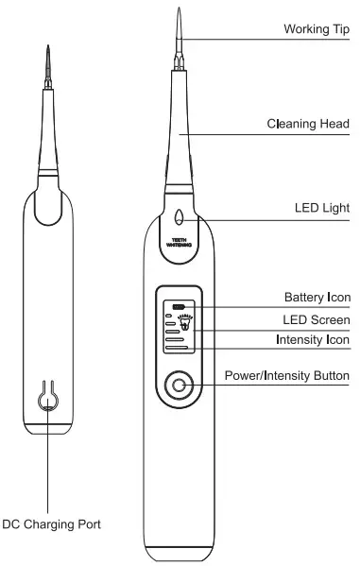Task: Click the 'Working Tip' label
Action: [317, 29]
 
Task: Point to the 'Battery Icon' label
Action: [317, 297]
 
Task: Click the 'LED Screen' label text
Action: [317, 318]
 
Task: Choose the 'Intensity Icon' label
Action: [314, 339]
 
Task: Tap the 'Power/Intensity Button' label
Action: [287, 376]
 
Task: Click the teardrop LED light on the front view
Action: [180, 214]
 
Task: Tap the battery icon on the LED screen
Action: [178, 305]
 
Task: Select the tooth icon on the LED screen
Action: [184, 323]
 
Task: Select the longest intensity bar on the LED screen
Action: [180, 348]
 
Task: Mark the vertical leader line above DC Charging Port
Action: [46, 463]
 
